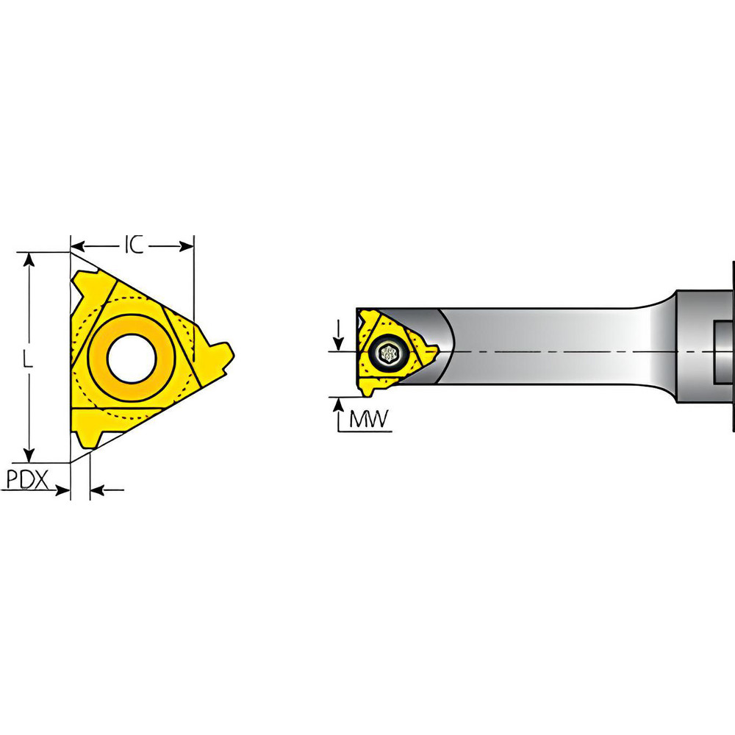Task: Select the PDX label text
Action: coord(27,480)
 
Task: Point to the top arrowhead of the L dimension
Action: coord(29,259)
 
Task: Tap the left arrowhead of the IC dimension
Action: coord(78,245)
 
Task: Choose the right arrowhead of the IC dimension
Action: coord(187,245)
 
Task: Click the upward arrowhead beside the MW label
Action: coord(337,403)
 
